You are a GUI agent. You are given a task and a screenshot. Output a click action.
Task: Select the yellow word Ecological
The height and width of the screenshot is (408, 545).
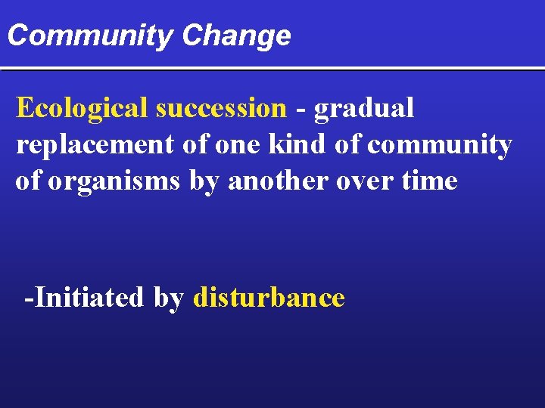(x=82, y=108)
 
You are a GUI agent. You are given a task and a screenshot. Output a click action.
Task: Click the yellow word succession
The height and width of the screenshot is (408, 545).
(x=221, y=108)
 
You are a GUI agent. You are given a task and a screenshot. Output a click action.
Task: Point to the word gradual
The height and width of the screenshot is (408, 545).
(x=364, y=109)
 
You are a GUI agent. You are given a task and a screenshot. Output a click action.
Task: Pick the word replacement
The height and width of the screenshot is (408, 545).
(x=95, y=144)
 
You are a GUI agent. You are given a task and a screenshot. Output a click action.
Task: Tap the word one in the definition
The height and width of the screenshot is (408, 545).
(x=236, y=144)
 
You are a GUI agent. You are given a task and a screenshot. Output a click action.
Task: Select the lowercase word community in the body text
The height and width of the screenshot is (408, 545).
(x=440, y=144)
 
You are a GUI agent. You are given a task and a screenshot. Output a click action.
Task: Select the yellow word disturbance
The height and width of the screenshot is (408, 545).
(x=269, y=297)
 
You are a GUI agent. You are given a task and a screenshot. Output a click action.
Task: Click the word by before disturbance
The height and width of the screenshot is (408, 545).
(x=169, y=298)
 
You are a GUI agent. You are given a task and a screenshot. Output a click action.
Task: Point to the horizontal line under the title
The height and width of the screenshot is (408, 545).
(x=272, y=69)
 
